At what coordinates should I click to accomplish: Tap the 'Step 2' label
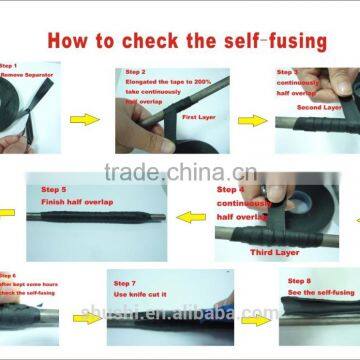pos(136,72)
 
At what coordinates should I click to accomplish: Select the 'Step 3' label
pos(288,72)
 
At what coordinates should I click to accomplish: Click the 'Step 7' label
pos(125,283)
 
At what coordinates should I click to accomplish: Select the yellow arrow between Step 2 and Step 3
pos(253,120)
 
